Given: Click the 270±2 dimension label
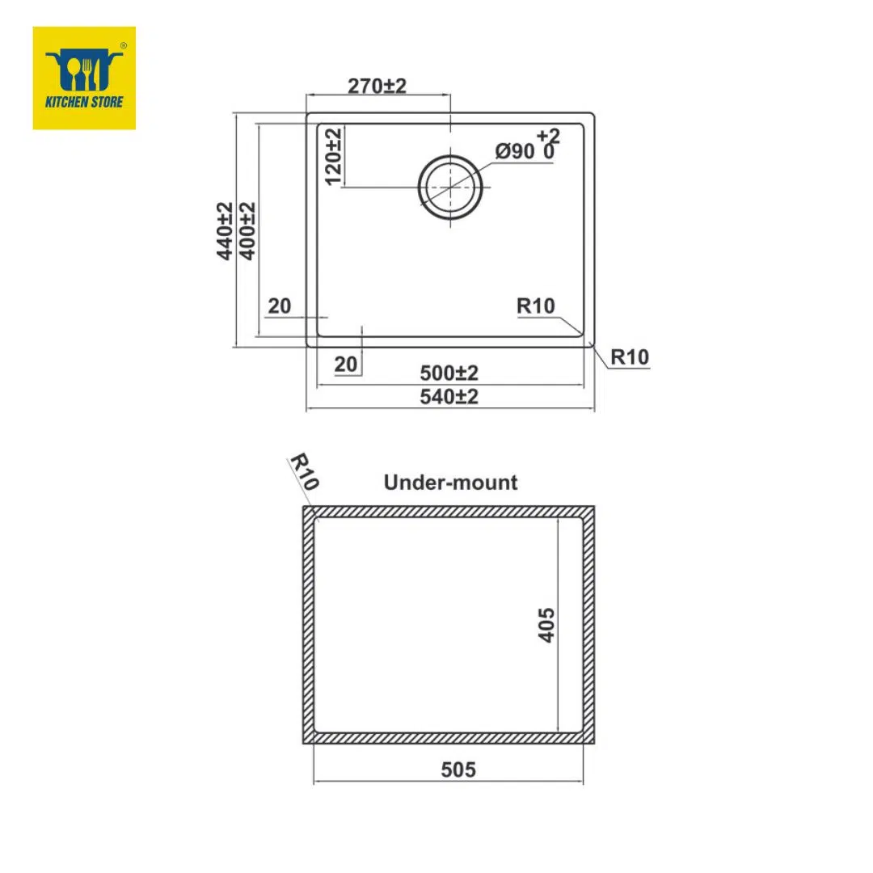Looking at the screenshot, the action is (x=377, y=86).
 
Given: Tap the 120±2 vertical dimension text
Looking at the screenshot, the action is (x=333, y=157).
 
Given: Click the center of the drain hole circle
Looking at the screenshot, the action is (x=450, y=187).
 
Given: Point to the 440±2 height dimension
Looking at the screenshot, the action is (x=225, y=230).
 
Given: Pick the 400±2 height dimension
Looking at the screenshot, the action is (x=247, y=230).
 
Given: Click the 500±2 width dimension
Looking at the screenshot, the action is (x=449, y=373).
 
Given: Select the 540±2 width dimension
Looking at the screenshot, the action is (x=449, y=396).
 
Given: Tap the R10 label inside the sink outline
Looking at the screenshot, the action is (x=536, y=306).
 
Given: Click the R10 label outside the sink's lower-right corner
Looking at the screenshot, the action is (x=630, y=357).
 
